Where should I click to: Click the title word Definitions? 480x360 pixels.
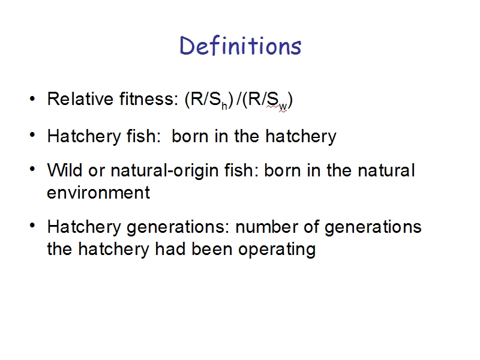tap(241, 46)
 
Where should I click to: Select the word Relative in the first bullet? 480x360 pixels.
tap(80, 99)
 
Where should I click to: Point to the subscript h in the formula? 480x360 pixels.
tap(224, 106)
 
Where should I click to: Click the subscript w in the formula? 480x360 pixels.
tap(283, 107)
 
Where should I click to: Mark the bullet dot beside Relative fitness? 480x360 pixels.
tap(32, 99)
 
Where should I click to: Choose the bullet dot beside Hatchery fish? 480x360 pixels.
tap(32, 135)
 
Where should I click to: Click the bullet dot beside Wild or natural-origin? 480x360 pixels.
tap(32, 169)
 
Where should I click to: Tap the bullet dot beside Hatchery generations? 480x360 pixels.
tap(32, 226)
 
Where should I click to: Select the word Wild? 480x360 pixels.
tap(65, 170)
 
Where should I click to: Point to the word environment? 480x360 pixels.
tap(98, 193)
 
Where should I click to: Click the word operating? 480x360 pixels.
tap(277, 250)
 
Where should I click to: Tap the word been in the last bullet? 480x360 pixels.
tap(212, 249)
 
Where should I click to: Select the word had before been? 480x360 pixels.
tap(170, 249)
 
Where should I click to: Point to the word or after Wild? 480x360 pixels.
tap(97, 171)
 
